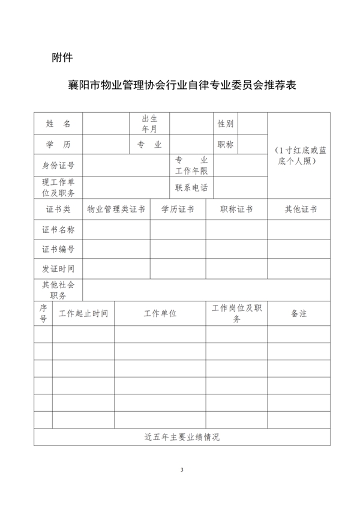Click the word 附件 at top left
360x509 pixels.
(x=62, y=58)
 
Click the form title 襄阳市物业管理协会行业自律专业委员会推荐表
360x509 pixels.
(x=183, y=85)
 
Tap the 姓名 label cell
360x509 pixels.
(x=58, y=124)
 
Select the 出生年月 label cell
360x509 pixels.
(x=149, y=124)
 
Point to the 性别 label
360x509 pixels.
(x=226, y=124)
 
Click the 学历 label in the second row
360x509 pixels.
(x=58, y=145)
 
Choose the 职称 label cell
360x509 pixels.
(x=226, y=145)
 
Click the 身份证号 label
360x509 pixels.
(x=58, y=166)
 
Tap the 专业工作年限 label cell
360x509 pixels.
(x=191, y=166)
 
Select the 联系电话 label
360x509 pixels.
(x=191, y=187)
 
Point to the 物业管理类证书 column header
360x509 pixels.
(x=116, y=209)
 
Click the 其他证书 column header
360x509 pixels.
(x=301, y=209)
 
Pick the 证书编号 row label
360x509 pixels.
(x=58, y=249)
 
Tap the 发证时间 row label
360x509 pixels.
(x=58, y=269)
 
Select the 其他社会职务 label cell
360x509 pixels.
(x=58, y=290)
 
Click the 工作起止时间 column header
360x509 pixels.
(x=83, y=313)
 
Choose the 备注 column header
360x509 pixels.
(x=299, y=313)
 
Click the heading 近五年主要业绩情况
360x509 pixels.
(x=182, y=437)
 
